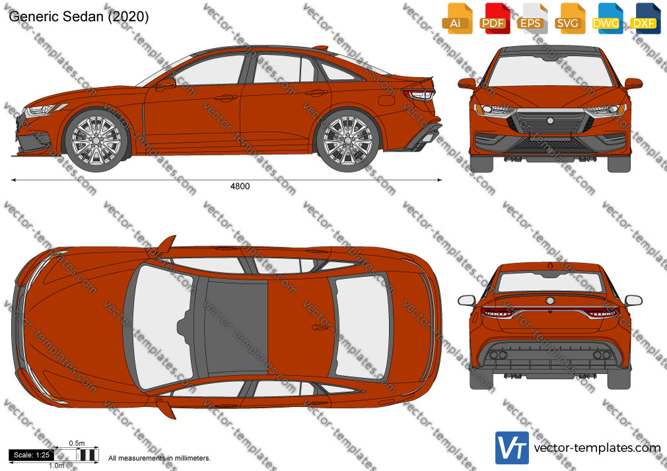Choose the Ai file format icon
[x=457, y=18]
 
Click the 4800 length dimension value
[x=240, y=186]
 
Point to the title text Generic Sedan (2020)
[x=79, y=16]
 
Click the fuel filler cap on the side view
[x=386, y=100]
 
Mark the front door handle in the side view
[x=226, y=98]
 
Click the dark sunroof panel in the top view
[x=236, y=327]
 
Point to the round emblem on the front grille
[x=551, y=121]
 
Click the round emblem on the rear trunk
[x=550, y=301]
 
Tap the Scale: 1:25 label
[x=32, y=455]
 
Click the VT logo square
[x=512, y=448]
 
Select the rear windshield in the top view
[x=362, y=327]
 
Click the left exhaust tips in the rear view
[x=498, y=355]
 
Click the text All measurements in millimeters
[x=159, y=458]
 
